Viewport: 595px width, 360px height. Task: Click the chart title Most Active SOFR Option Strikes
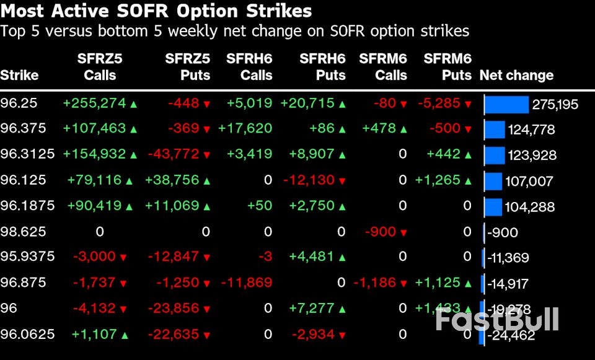(156, 11)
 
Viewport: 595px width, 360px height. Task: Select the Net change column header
(516, 76)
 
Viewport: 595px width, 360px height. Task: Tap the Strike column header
(19, 76)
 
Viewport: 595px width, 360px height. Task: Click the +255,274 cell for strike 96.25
(94, 103)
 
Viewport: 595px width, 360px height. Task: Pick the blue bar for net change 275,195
(506, 104)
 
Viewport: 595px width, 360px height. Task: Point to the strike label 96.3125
(27, 154)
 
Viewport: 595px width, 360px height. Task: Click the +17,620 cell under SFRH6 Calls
(245, 129)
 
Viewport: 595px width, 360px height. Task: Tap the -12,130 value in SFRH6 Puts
(309, 180)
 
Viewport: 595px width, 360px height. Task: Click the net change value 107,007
(530, 182)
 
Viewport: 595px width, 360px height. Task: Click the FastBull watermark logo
(496, 319)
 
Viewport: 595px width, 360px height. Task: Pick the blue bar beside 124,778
(495, 130)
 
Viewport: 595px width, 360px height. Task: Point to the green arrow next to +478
(403, 130)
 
